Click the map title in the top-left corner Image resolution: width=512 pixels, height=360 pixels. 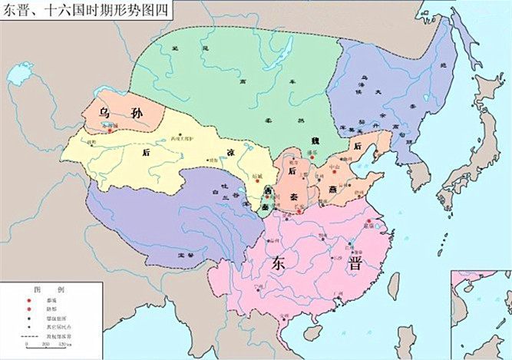[x=86, y=10]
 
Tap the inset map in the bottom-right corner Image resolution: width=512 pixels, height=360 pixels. [x=481, y=314]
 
